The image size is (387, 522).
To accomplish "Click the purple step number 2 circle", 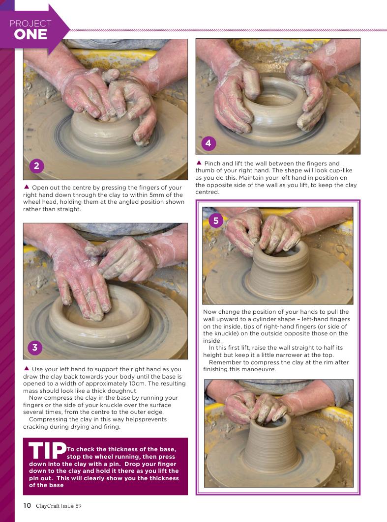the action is (36, 165).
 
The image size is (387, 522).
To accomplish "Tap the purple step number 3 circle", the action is (34, 348).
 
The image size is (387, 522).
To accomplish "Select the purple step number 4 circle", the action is (208, 143).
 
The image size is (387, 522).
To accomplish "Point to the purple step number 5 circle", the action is (216, 220).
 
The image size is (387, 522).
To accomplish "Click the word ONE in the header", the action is (30, 35).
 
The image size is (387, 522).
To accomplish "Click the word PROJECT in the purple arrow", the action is (30, 23).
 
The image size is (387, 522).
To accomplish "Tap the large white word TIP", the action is (47, 450).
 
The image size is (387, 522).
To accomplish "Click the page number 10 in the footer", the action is (27, 505).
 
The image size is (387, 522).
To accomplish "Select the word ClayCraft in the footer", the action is (48, 506).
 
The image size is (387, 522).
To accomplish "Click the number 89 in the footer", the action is (78, 506).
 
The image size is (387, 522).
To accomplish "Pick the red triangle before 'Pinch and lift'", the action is (199, 163).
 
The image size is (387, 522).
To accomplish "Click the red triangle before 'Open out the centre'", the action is (27, 187).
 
